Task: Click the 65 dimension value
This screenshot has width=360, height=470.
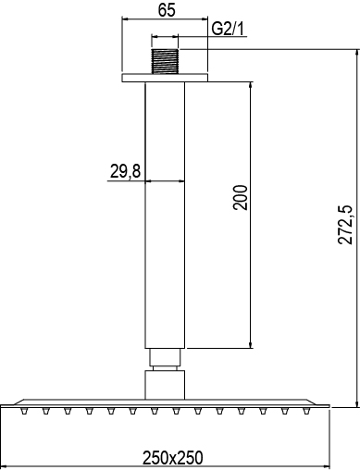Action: [x=167, y=10]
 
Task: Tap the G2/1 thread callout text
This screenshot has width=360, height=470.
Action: [x=228, y=30]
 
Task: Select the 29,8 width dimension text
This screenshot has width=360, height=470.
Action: [x=125, y=171]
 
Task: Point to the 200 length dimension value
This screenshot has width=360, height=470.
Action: [x=241, y=198]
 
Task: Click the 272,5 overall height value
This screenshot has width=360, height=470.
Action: [x=345, y=224]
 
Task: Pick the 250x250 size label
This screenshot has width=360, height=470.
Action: [x=173, y=458]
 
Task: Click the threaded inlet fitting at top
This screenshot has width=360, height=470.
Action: [x=165, y=61]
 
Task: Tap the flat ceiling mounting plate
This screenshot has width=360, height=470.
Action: [x=165, y=78]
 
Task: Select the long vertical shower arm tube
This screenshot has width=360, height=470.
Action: [x=165, y=216]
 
